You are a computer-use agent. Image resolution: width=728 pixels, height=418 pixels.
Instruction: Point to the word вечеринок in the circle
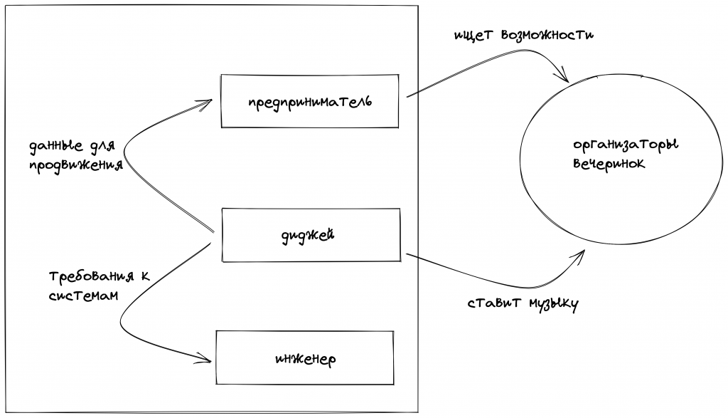(x=609, y=163)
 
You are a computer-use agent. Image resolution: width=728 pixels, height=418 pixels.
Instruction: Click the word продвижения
(x=75, y=165)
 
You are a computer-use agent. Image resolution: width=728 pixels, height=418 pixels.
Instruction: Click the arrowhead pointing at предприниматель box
(x=207, y=103)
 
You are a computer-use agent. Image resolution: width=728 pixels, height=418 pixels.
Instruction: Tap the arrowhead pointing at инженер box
(x=206, y=360)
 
